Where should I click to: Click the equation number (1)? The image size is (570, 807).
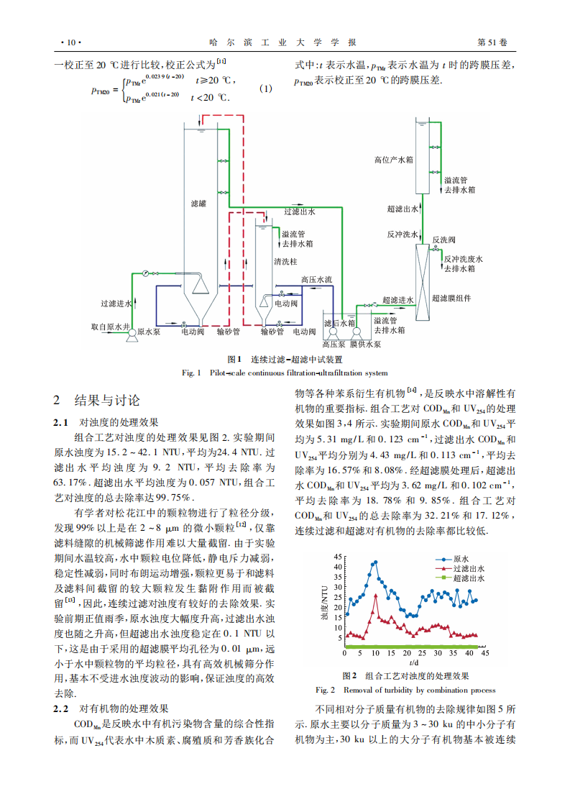266,89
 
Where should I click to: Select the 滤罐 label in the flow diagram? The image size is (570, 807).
198,204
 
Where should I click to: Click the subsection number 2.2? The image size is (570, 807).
60,708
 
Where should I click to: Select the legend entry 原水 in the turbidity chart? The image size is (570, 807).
461,558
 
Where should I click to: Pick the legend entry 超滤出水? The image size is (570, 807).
467,578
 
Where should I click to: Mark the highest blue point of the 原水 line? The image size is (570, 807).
375,562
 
